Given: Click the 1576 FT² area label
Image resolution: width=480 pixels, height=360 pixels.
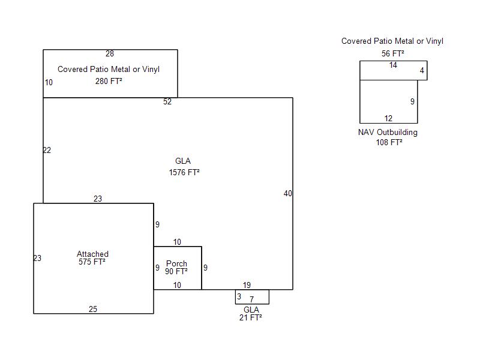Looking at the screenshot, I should (184, 172).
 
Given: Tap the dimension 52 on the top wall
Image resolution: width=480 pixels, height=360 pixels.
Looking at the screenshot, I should (167, 102).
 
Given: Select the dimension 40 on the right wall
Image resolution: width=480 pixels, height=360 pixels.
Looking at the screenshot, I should (288, 193).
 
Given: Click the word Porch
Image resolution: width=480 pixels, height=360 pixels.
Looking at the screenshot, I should (176, 264).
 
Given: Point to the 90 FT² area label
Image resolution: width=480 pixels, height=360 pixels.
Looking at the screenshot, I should (176, 272).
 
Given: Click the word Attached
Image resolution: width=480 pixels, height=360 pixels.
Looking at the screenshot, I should (92, 254).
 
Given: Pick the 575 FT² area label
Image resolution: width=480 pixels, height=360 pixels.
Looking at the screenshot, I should (92, 262).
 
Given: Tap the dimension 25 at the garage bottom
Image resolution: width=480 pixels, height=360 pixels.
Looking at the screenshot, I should (93, 310).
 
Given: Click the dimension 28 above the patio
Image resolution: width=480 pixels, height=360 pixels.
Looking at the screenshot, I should (110, 54).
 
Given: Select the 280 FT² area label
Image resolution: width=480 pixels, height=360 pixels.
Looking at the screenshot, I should (109, 81).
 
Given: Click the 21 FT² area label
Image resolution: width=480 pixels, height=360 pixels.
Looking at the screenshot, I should (251, 318).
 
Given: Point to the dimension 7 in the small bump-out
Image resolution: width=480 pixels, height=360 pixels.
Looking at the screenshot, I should (252, 299).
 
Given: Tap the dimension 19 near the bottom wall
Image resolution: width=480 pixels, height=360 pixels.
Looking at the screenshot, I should (247, 285).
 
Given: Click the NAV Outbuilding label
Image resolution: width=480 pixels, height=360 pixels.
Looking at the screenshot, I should (388, 133).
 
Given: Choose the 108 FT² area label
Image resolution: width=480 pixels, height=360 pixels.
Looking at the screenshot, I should (389, 143).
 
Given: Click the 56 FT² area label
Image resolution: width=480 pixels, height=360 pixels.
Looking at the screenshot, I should (392, 53).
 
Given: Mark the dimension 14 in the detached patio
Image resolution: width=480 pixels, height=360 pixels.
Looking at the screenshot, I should (393, 65).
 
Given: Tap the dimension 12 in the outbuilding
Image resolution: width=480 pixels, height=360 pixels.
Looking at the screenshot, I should (388, 118).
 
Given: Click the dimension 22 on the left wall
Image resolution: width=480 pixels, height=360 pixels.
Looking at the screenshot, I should (47, 150).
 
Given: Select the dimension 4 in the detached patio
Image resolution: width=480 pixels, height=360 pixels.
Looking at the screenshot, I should (422, 71).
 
